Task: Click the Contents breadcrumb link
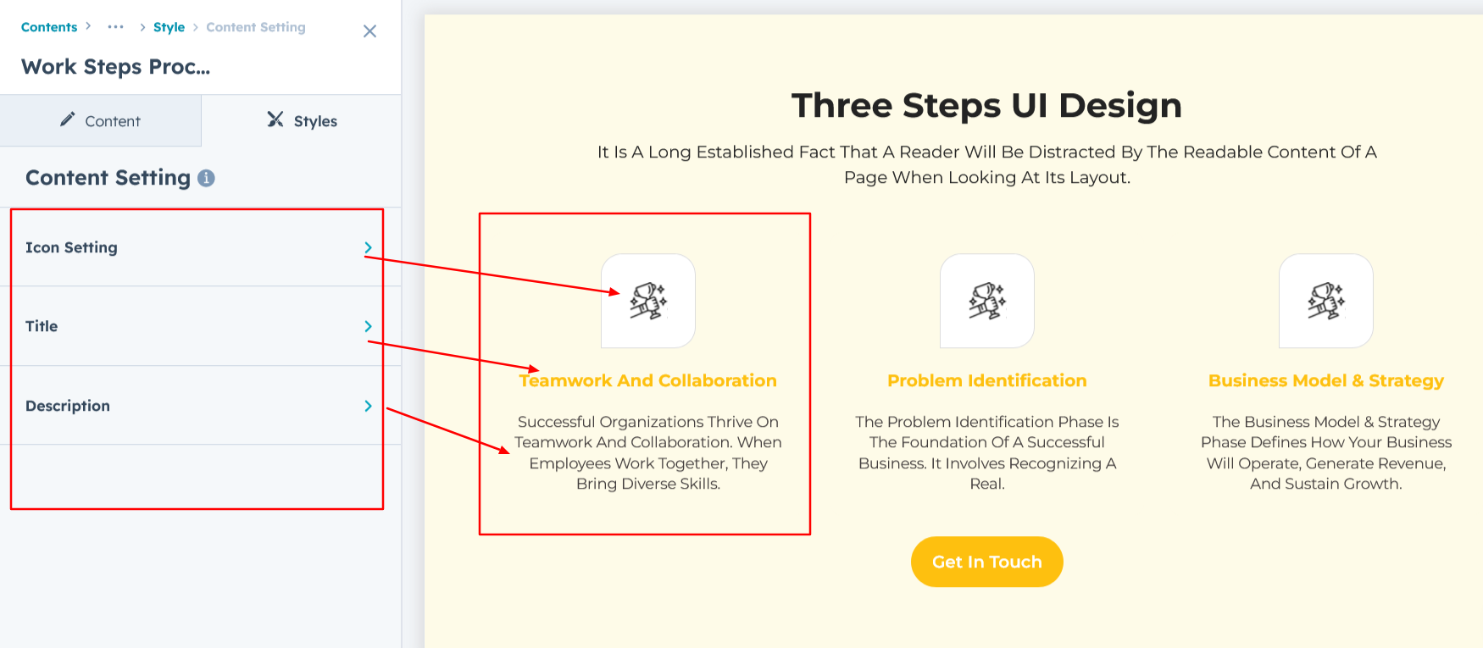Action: coord(49,27)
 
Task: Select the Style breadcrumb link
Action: coord(169,27)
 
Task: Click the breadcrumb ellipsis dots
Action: coord(116,27)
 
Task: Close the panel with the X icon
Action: coord(369,31)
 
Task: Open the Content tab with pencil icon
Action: coord(100,120)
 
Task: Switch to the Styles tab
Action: coord(302,120)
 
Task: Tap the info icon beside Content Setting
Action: coord(206,178)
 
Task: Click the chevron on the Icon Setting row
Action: coord(368,247)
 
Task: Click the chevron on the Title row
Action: coord(368,326)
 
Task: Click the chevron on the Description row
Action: coord(368,406)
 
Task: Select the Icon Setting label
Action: coord(71,247)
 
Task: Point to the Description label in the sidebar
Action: coord(68,406)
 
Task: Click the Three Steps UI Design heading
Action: coord(986,106)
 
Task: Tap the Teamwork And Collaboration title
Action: coord(648,380)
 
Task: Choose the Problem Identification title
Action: coord(987,380)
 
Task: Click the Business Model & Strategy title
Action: coord(1326,381)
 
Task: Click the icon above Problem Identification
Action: coord(987,301)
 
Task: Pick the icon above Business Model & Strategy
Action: coord(1326,301)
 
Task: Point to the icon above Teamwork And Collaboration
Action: coord(648,301)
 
